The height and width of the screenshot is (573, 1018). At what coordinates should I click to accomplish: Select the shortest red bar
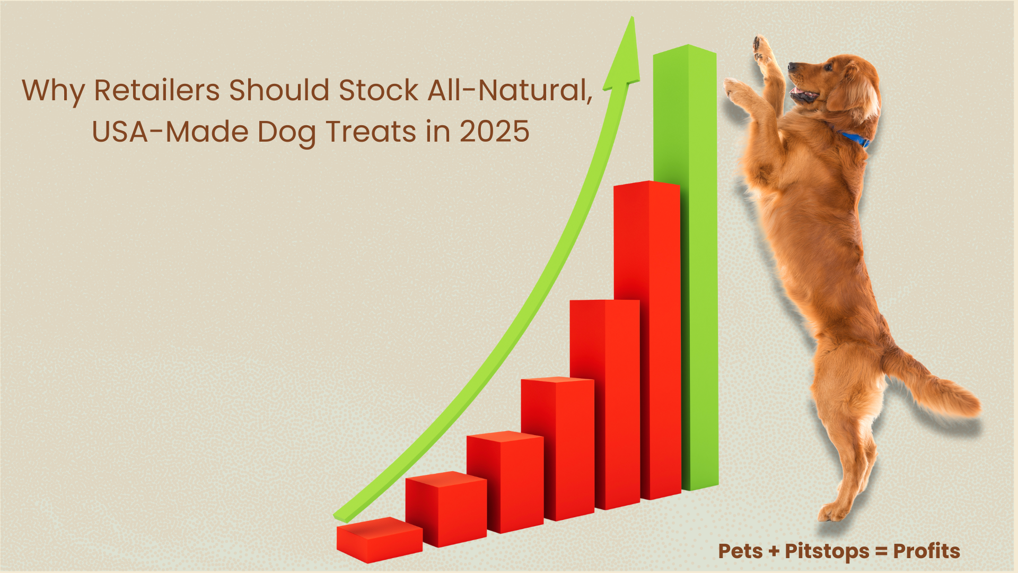pos(379,540)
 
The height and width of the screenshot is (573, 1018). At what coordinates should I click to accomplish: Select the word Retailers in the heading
pos(157,90)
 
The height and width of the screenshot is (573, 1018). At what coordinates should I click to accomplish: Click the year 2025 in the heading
pos(495,132)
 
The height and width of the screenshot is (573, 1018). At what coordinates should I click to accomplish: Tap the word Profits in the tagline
pos(927,551)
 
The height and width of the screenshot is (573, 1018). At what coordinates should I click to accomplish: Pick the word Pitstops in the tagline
pos(827,552)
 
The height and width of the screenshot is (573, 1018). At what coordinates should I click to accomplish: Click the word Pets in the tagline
pos(741,551)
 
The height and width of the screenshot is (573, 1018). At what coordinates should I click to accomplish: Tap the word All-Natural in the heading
pos(510,90)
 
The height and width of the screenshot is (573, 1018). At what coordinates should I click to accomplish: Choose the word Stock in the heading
pos(377,90)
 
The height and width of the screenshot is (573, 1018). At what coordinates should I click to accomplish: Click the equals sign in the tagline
pos(882,552)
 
